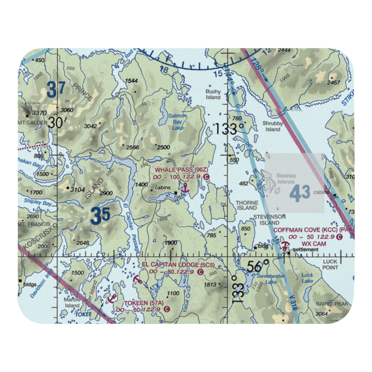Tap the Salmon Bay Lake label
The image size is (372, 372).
pos(177,122)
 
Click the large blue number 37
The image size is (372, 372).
pos(57,90)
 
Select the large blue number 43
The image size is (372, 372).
pos(299,194)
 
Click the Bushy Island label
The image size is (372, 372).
pos(214,94)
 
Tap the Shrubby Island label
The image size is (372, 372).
pos(273,126)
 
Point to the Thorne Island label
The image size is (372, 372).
pos(247,206)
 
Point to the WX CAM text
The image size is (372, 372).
pos(314,244)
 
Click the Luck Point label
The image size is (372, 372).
pos(330,264)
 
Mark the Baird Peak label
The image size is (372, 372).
pos(332,304)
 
